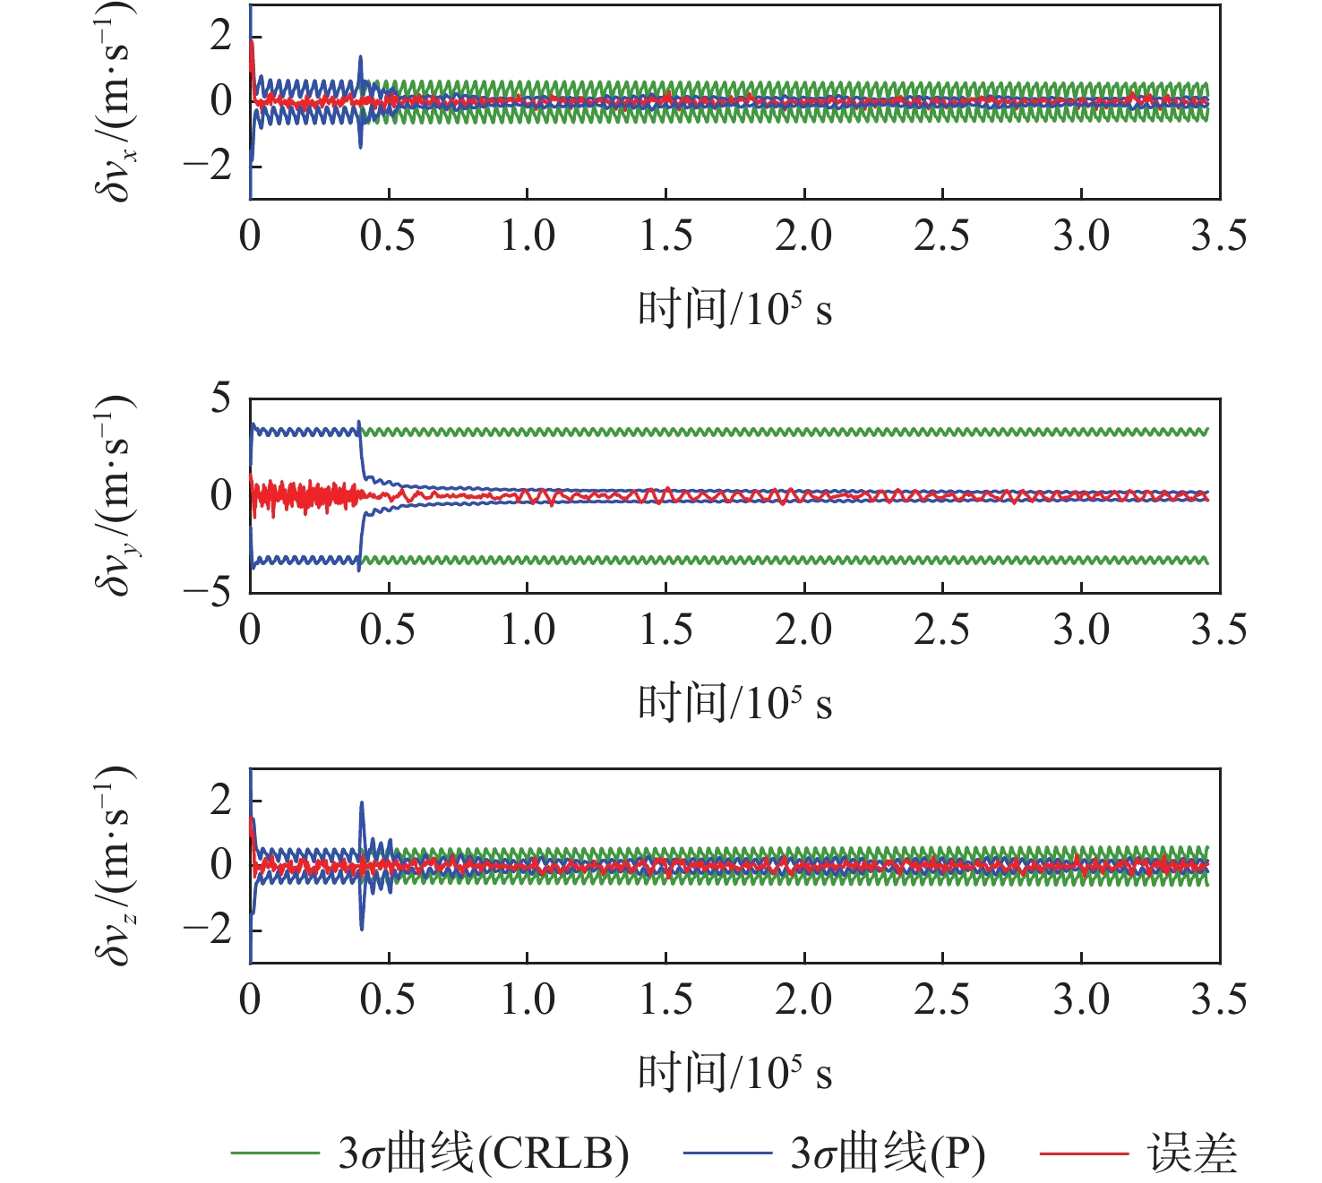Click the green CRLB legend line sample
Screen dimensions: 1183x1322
click(x=275, y=1153)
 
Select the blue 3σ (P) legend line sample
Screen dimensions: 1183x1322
click(x=727, y=1153)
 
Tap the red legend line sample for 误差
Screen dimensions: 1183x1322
click(x=1084, y=1153)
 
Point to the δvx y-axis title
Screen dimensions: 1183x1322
click(x=115, y=100)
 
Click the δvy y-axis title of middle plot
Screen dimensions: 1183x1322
click(x=115, y=494)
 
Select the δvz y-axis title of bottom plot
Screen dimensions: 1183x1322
click(x=115, y=865)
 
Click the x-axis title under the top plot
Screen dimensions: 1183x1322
click(x=734, y=310)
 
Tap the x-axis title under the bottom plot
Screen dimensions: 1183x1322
click(x=734, y=1072)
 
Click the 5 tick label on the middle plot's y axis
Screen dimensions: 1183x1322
click(x=220, y=398)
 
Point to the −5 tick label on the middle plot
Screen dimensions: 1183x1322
click(x=208, y=591)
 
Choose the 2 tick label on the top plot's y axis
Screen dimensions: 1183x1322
click(x=220, y=36)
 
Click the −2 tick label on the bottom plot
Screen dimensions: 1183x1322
click(x=208, y=930)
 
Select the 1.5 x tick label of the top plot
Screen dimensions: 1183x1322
click(x=665, y=236)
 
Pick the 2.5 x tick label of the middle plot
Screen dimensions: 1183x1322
click(x=942, y=630)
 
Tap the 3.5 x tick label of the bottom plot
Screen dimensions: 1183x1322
click(x=1219, y=999)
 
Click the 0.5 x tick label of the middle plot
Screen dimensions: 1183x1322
click(x=388, y=630)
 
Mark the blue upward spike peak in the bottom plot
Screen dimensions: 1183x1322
click(x=362, y=802)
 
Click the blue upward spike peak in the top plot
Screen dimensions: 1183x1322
click(x=360, y=57)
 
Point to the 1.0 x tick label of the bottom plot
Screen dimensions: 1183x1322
click(x=527, y=999)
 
